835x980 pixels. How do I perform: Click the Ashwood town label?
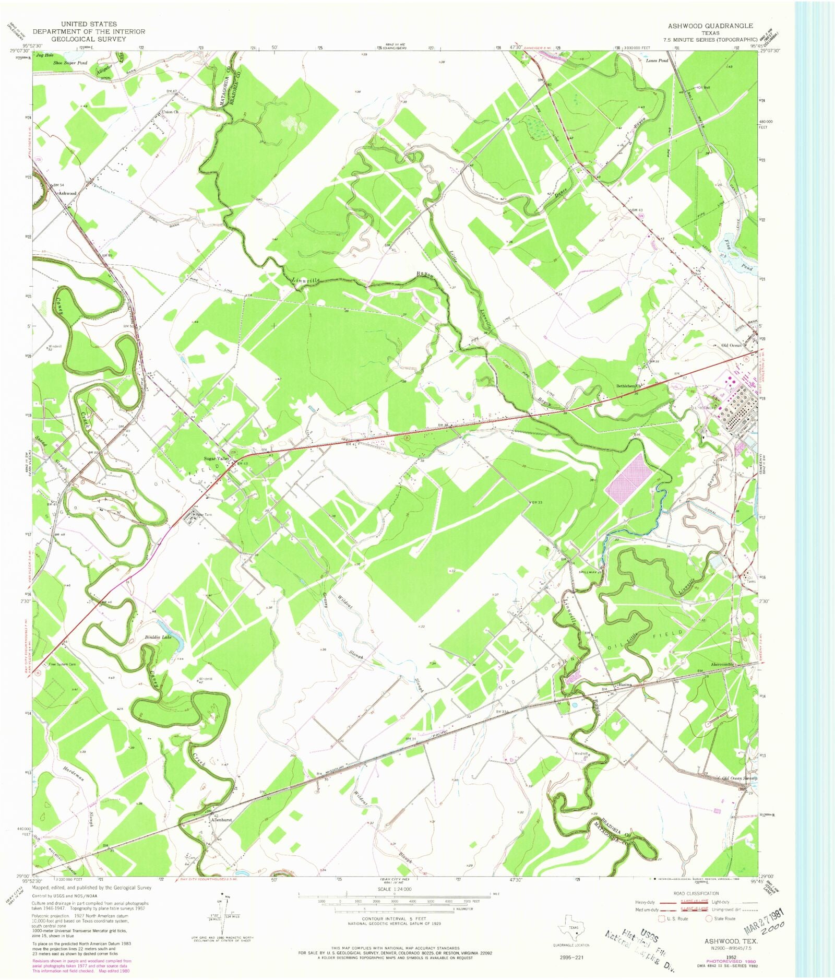pos(67,193)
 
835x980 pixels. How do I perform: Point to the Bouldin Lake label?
pos(158,637)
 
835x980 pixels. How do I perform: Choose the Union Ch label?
pos(171,112)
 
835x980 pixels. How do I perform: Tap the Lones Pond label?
pos(657,61)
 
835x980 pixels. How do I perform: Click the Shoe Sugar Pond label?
pos(70,63)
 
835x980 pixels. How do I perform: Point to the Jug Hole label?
pos(45,55)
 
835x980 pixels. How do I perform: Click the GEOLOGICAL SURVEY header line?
pos(89,39)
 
